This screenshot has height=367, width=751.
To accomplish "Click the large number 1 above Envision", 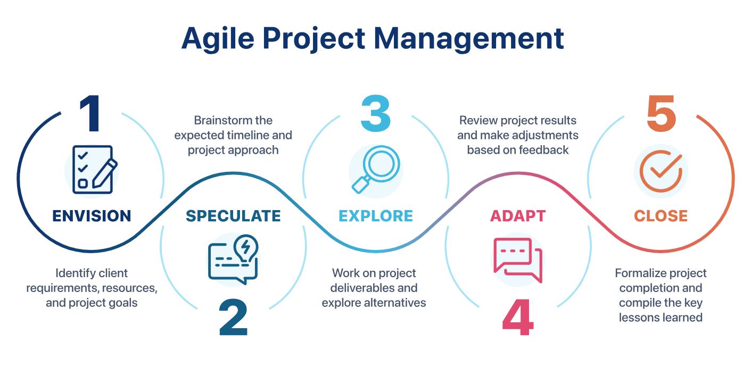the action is (x=90, y=113).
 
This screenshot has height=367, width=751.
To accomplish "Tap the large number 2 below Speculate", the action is (x=233, y=317).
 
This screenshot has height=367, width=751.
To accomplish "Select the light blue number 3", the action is (x=376, y=113).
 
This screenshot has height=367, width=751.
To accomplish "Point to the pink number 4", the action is (x=518, y=317).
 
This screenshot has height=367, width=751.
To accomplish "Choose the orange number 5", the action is (x=661, y=113).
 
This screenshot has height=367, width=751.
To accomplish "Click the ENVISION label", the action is (x=92, y=216).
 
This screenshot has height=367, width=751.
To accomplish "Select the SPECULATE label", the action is (x=233, y=216).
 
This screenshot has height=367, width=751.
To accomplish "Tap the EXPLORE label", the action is (x=376, y=216).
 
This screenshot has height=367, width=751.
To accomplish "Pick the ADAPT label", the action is (x=518, y=216).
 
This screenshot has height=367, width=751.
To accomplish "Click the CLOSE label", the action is (x=661, y=216).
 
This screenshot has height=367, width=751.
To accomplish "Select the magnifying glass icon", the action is (x=376, y=169).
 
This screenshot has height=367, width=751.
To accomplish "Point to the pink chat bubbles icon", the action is (x=518, y=260).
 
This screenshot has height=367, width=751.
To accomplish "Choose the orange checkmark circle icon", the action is (x=661, y=171).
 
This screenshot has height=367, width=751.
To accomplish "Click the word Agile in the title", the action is (x=218, y=39).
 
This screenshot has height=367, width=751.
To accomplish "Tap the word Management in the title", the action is (x=469, y=39).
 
